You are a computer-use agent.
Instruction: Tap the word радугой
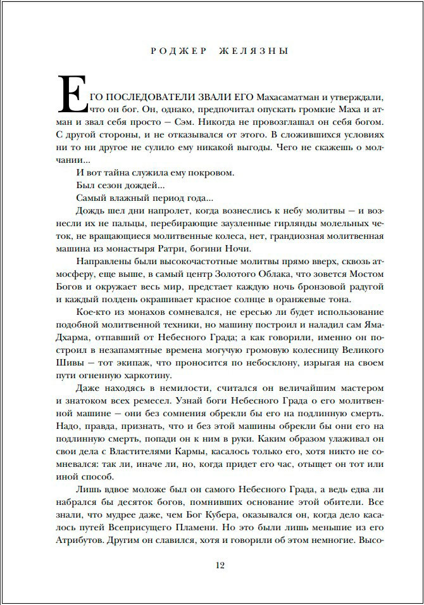(363, 286)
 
